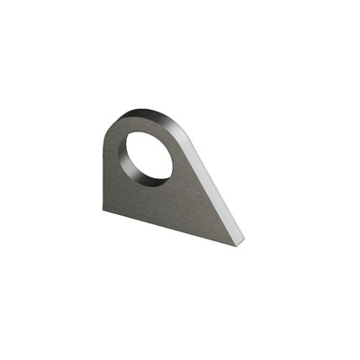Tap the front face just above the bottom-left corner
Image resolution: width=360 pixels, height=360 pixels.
click(x=110, y=202)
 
